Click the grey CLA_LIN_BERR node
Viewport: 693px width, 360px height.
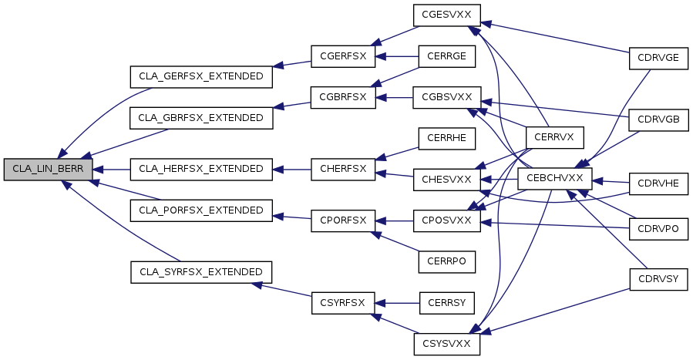point(48,169)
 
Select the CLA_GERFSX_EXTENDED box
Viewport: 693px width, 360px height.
point(201,77)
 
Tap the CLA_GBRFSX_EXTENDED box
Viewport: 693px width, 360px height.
point(201,118)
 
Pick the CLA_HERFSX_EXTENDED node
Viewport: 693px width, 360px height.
point(201,169)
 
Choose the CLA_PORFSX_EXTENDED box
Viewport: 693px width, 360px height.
point(201,210)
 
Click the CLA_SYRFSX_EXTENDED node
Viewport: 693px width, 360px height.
point(201,272)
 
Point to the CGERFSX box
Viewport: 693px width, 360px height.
point(343,56)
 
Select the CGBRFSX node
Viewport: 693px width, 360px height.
point(343,98)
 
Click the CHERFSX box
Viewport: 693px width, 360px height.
point(343,169)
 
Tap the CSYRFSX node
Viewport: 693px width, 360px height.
point(343,303)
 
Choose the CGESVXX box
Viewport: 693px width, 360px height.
point(447,15)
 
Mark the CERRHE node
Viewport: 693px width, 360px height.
point(447,138)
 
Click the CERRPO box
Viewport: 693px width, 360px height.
point(447,261)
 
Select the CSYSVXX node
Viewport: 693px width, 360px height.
point(447,344)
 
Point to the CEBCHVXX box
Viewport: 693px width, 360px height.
point(555,179)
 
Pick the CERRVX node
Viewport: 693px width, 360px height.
point(555,138)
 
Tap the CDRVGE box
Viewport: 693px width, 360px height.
point(658,59)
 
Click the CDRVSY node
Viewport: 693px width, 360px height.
point(658,279)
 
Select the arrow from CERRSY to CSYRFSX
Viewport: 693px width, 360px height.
point(397,303)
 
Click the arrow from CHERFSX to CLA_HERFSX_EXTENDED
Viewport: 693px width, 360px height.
point(291,169)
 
